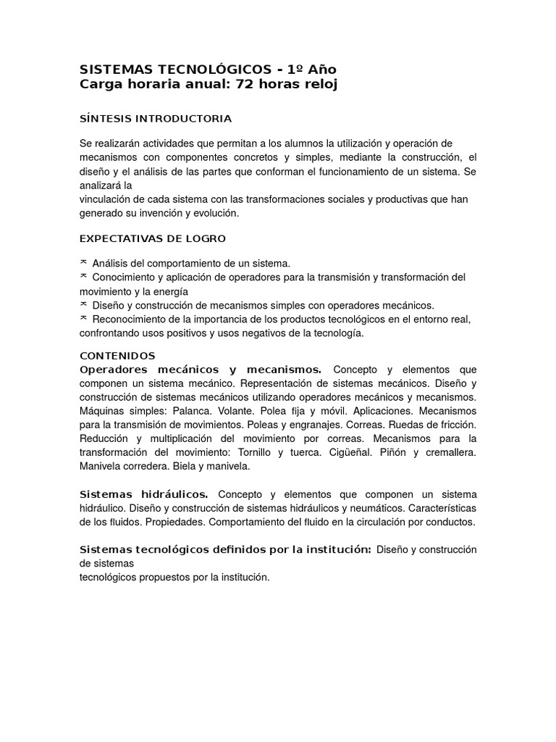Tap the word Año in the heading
point(321,70)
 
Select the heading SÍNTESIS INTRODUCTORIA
point(155,118)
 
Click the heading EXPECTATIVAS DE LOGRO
point(152,238)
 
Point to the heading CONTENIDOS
point(117,356)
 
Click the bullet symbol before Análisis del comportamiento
point(83,262)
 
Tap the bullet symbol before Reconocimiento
point(83,318)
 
